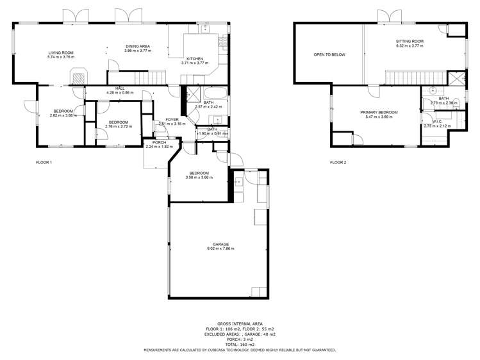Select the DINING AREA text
(137, 47)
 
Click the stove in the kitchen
(223, 43)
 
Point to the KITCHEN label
(195, 58)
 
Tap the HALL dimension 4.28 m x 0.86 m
(120, 92)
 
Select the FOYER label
(172, 119)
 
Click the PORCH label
(159, 142)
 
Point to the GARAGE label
(220, 244)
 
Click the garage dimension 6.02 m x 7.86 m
(220, 249)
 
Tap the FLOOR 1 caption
(44, 162)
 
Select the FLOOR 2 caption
(338, 162)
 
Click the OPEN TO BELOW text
(329, 54)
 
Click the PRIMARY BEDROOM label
(379, 112)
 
